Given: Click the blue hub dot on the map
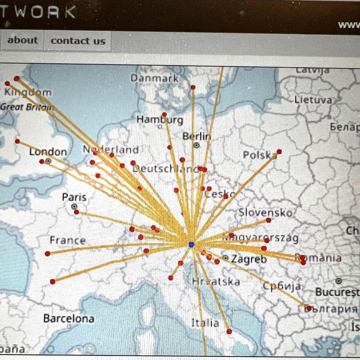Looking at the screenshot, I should point(191,245).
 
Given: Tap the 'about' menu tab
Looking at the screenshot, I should point(22,41).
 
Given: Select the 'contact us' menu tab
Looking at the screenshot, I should point(78,41).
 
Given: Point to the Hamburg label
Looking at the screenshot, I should point(160,120).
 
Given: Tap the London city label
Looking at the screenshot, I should point(48,152).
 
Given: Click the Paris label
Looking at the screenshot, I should point(74,197).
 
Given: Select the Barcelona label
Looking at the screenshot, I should point(68,319).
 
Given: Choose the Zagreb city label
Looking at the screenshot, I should point(249,259).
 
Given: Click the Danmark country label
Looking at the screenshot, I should point(154,78).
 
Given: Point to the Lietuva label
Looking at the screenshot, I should point(314,100).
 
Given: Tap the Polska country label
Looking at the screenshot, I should point(259,155).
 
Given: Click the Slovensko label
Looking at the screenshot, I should point(265,213).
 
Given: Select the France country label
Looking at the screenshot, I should point(68,240).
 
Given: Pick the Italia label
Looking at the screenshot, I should point(205,323).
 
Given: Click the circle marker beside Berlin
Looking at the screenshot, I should point(196,145).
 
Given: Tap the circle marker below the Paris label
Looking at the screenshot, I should point(74,206).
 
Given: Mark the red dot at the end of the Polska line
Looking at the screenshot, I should point(279,151).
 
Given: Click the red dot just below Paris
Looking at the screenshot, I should point(76,212).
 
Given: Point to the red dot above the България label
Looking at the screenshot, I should point(309,308).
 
